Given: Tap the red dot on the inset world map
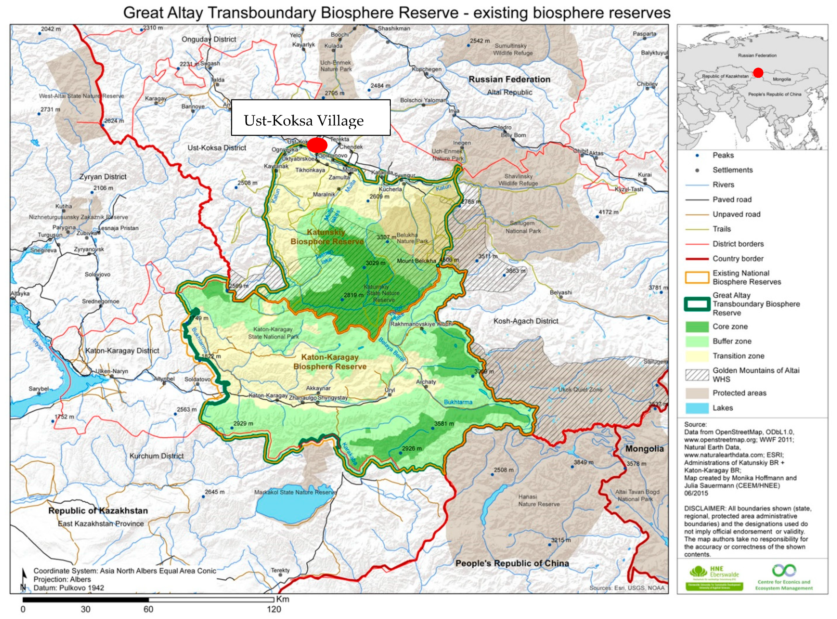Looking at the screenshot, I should point(758,73).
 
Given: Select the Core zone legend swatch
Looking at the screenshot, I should point(697,327).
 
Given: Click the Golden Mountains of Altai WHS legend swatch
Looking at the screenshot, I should point(697,375).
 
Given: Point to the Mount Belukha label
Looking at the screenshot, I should point(416,261).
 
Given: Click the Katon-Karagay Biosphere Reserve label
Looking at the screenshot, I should point(330,362).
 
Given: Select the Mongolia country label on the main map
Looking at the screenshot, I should point(644,448).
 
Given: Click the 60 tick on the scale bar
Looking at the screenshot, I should point(148,609).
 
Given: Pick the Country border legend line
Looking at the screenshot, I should point(697,259).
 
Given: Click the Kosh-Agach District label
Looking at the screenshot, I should point(526,321).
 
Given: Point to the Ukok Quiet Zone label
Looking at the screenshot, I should point(580,390).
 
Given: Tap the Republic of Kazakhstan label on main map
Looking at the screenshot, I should point(98,511).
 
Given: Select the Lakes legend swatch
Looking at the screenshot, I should point(697,408).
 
